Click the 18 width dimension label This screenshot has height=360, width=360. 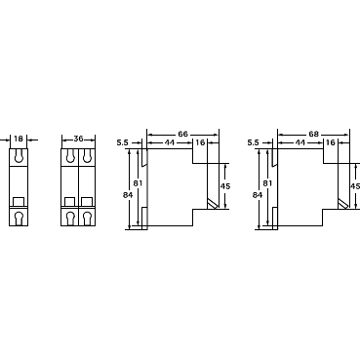tap(19, 139)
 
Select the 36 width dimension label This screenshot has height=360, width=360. tap(78, 139)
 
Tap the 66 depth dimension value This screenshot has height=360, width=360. tap(182, 134)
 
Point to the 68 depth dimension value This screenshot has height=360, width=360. tap(313, 134)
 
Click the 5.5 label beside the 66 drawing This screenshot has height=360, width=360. tap(123, 142)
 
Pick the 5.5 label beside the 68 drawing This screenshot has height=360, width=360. tap(253, 142)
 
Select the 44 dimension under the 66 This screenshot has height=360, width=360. tap(169, 142)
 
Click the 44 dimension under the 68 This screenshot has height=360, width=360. tap(300, 142)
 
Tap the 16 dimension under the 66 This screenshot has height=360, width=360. tap(200, 142)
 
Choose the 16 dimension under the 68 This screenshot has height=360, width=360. tap(330, 142)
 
